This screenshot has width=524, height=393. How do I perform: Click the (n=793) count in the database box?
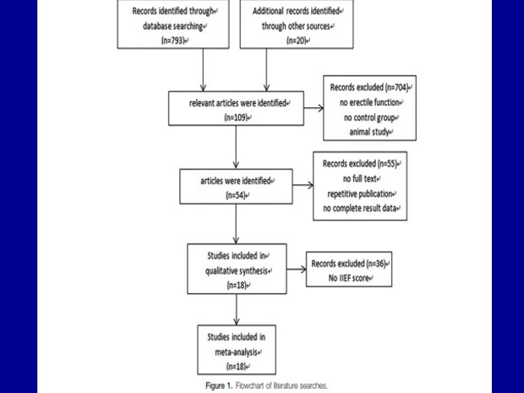coord(173,41)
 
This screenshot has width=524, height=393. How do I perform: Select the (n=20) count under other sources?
coord(297,41)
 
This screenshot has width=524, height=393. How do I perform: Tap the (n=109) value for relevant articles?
coord(236,117)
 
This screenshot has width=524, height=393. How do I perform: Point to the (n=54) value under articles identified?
coord(236,195)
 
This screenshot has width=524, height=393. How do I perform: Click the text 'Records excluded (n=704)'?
coord(369,87)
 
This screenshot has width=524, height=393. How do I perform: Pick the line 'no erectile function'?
coord(369,102)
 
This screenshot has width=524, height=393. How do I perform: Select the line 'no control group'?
coord(369,117)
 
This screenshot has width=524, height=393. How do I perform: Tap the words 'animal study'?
coord(369,132)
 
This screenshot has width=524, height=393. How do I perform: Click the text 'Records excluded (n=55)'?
coord(359,164)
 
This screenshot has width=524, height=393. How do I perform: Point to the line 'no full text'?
coord(359,179)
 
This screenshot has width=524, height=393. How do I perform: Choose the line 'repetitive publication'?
coord(359,194)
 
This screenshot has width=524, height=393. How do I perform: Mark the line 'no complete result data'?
coord(359,209)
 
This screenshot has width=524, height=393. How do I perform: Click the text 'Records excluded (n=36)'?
coord(348,264)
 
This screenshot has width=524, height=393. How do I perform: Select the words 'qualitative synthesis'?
coord(237,270)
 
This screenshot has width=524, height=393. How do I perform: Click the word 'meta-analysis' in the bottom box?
coord(237,352)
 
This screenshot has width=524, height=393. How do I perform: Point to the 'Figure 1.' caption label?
coord(219,385)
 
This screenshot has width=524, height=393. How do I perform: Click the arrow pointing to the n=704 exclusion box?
coord(314,108)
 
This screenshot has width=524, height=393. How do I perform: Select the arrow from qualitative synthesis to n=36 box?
coord(297,270)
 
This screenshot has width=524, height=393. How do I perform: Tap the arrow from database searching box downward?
coord(203,70)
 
